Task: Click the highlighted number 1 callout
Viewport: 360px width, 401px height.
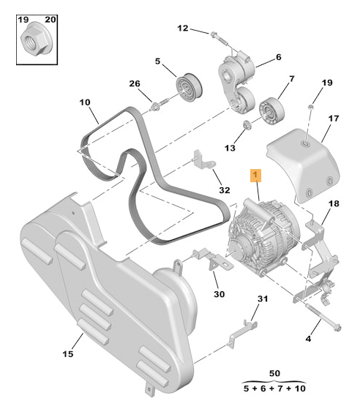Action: click(255, 176)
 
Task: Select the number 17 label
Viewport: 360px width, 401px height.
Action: click(333, 119)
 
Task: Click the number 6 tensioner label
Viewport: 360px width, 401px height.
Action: click(278, 57)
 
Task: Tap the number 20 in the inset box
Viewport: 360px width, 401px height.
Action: click(50, 18)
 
